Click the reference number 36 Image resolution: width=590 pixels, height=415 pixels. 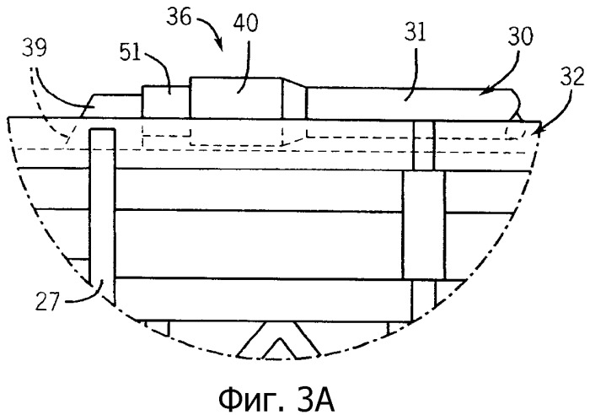[179, 17]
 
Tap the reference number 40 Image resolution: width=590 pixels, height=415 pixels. [246, 23]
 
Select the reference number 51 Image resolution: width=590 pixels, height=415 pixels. [130, 52]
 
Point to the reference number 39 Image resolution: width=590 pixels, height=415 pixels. [34, 48]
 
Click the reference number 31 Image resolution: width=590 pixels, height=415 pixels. [415, 32]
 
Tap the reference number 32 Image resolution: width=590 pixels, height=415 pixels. [572, 78]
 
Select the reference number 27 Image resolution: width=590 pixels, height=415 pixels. [47, 302]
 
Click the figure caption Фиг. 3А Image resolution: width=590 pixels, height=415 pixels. [276, 401]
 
